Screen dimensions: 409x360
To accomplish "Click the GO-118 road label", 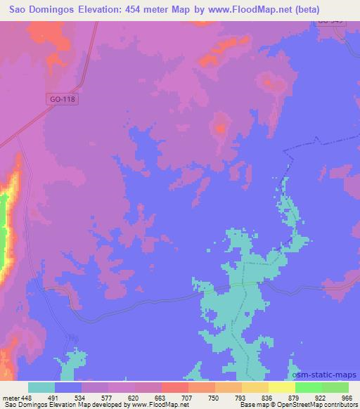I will coord(63,99).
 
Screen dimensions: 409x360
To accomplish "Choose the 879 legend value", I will coord(295,397).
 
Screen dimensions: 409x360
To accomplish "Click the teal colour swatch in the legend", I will coord(41,387).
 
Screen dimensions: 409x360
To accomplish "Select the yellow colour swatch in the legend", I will coord(281,387).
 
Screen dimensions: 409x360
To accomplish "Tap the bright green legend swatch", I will coord(308,387).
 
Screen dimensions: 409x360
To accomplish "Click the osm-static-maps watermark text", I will coord(325,372).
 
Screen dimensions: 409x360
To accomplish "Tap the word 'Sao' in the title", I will coord(19,10).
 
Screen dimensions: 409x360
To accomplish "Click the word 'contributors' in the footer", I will coord(341,405).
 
